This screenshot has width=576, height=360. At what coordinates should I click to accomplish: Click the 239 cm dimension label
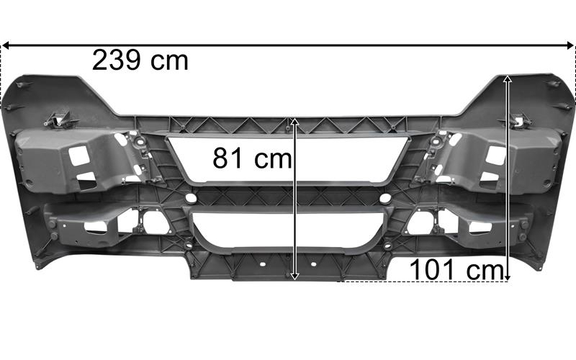(x=140, y=60)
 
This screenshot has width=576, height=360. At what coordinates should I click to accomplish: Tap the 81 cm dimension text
(x=252, y=158)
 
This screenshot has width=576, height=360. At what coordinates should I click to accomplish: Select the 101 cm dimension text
(x=456, y=269)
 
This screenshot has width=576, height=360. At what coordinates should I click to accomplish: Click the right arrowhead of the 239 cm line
(x=570, y=45)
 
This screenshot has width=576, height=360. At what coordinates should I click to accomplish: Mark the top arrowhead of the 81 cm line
(x=294, y=122)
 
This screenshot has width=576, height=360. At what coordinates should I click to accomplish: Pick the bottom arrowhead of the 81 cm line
(x=294, y=276)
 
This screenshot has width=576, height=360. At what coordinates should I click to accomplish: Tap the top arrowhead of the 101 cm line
(x=508, y=79)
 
